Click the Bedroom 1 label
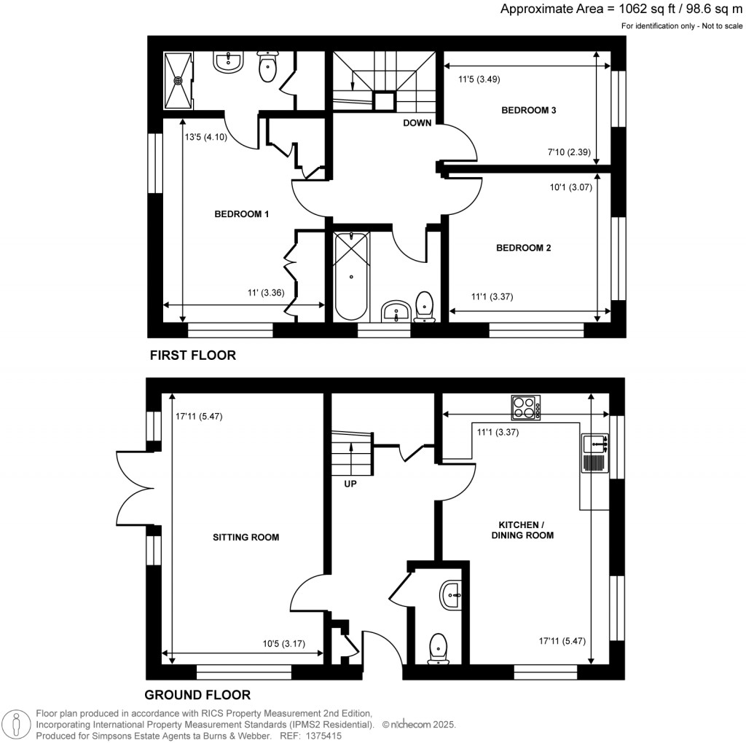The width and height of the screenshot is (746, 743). tap(242, 214)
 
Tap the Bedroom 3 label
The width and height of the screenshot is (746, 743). tap(529, 111)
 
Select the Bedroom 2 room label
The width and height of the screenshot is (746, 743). tap(523, 248)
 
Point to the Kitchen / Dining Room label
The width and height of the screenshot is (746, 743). tap(525, 530)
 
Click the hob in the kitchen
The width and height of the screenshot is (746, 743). tap(526, 407)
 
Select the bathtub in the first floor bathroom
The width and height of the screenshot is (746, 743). tap(351, 275)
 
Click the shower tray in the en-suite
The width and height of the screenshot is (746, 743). tap(177, 79)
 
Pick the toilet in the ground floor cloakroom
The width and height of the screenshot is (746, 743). tap(438, 647)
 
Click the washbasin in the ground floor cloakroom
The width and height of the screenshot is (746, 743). tap(451, 595)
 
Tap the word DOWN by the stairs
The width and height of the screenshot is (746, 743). tap(417, 123)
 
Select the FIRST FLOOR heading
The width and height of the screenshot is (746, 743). tap(193, 355)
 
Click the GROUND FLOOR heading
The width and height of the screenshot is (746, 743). tap(197, 695)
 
